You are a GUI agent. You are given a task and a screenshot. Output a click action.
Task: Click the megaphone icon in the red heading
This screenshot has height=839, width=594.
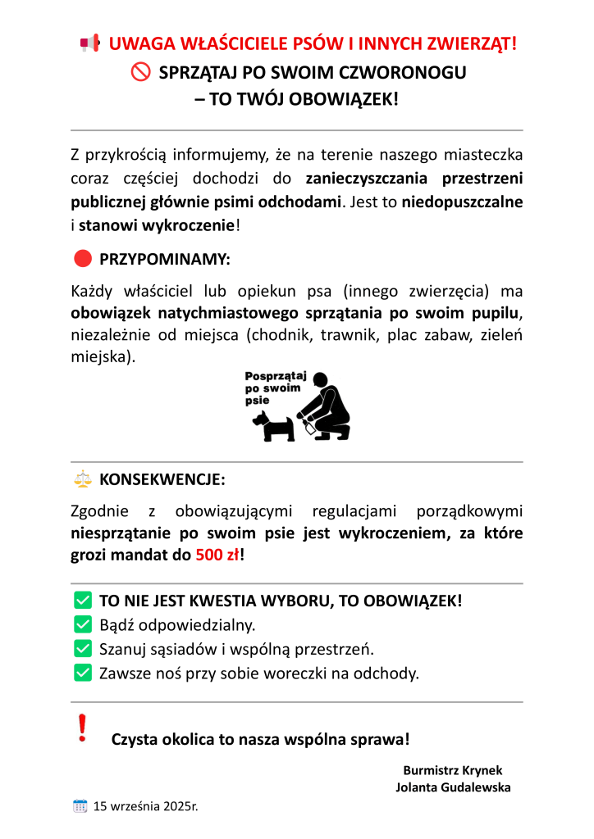pyautogui.click(x=89, y=43)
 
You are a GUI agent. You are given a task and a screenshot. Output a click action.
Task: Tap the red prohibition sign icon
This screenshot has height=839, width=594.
pyautogui.click(x=140, y=72)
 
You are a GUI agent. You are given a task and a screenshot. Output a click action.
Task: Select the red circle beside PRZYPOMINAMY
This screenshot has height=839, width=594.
pyautogui.click(x=82, y=259)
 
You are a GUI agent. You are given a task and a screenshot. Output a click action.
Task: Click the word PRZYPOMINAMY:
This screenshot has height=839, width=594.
pyautogui.click(x=165, y=260)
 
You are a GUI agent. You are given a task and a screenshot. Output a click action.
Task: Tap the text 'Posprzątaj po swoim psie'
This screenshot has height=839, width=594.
pyautogui.click(x=275, y=388)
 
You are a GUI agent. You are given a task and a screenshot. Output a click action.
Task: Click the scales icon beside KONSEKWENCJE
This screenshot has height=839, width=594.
pyautogui.click(x=82, y=478)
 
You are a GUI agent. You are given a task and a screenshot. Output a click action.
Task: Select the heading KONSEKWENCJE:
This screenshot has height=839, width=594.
pyautogui.click(x=162, y=478)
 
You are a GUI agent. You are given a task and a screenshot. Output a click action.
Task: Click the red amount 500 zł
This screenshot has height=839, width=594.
pyautogui.click(x=217, y=554)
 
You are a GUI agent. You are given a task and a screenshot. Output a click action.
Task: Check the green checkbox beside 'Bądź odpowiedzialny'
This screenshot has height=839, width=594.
pyautogui.click(x=82, y=624)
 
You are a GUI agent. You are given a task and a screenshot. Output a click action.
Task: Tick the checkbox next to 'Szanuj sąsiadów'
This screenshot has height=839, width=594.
pyautogui.click(x=82, y=649)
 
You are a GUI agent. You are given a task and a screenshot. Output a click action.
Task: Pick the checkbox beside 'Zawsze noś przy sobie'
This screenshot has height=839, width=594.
pyautogui.click(x=82, y=673)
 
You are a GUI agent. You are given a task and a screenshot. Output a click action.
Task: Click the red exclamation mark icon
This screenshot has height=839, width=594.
pyautogui.click(x=81, y=728)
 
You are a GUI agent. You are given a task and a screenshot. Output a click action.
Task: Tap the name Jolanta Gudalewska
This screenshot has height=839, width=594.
pyautogui.click(x=453, y=787)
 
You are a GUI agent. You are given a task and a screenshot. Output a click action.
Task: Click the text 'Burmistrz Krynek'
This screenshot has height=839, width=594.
pyautogui.click(x=453, y=770)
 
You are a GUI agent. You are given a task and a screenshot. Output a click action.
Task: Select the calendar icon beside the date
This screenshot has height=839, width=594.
pyautogui.click(x=80, y=805)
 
